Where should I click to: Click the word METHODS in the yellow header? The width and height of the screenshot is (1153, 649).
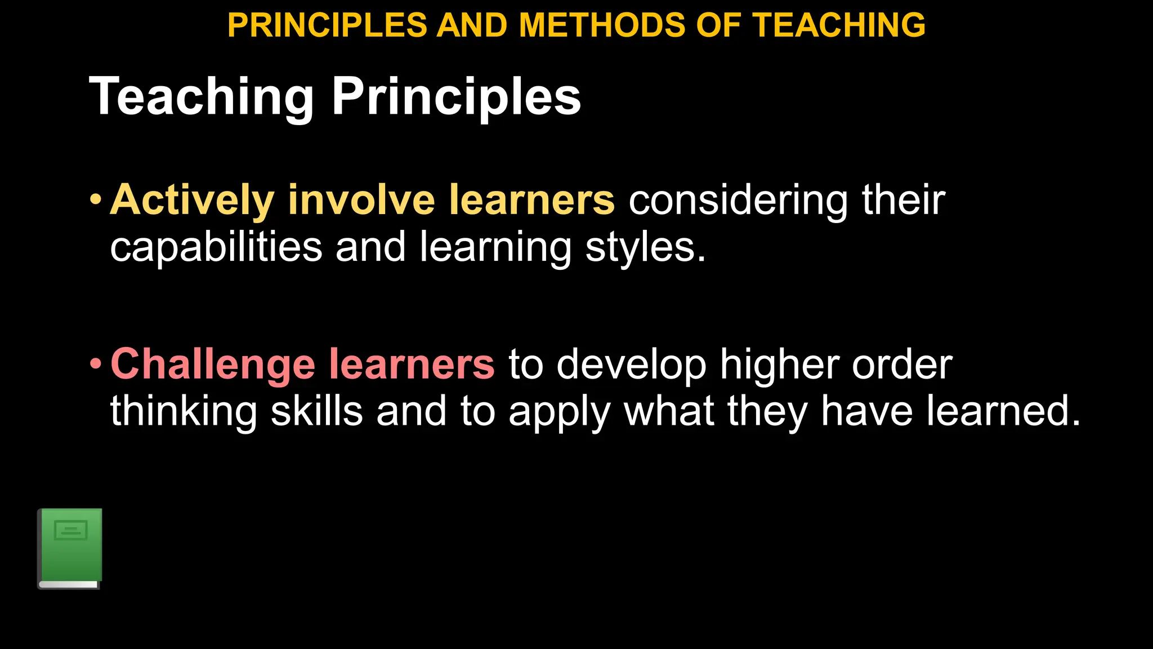(601, 25)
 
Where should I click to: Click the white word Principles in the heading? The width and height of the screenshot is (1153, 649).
(456, 97)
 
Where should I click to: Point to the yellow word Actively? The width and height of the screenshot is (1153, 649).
(192, 200)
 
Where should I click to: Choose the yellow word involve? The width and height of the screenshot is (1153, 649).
(361, 200)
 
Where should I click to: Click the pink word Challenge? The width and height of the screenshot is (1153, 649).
(213, 364)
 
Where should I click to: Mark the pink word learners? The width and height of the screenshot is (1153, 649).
(412, 364)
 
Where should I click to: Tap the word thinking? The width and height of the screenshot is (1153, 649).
(184, 411)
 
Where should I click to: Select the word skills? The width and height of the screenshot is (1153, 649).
(317, 411)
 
